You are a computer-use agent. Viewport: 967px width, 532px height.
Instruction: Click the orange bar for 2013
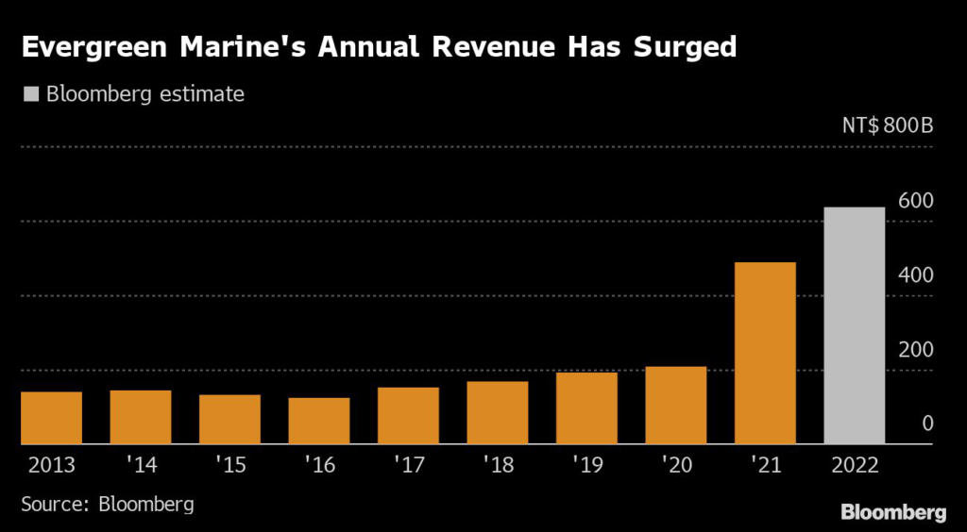pyautogui.click(x=51, y=418)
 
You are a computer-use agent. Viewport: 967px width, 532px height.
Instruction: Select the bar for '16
pyautogui.click(x=318, y=421)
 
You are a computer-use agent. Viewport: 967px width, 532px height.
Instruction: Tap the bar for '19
pyautogui.click(x=586, y=408)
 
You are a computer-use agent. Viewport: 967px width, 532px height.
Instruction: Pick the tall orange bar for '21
pyautogui.click(x=765, y=353)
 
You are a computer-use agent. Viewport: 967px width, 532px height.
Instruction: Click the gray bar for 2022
pyautogui.click(x=854, y=325)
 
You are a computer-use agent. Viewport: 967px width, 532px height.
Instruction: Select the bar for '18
pyautogui.click(x=497, y=412)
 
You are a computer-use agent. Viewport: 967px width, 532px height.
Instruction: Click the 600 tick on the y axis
pyautogui.click(x=915, y=201)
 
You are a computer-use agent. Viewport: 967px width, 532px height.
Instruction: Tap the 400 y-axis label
pyautogui.click(x=915, y=275)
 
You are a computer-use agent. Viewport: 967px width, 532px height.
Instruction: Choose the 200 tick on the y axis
pyautogui.click(x=915, y=350)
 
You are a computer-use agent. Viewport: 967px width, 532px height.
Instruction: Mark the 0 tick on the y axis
pyautogui.click(x=927, y=424)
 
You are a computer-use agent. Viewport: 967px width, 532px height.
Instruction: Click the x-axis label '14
pyautogui.click(x=140, y=466)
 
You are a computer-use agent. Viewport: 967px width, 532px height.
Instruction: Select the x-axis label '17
pyautogui.click(x=408, y=466)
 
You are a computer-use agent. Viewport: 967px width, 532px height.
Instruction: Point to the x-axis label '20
pyautogui.click(x=675, y=466)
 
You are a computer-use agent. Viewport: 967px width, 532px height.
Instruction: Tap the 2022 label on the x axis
pyautogui.click(x=854, y=466)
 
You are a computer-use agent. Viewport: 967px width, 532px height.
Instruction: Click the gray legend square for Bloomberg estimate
pyautogui.click(x=29, y=94)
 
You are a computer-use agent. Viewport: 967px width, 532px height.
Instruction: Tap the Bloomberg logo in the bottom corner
pyautogui.click(x=893, y=512)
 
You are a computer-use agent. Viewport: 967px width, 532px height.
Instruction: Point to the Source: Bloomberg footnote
pyautogui.click(x=108, y=504)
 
